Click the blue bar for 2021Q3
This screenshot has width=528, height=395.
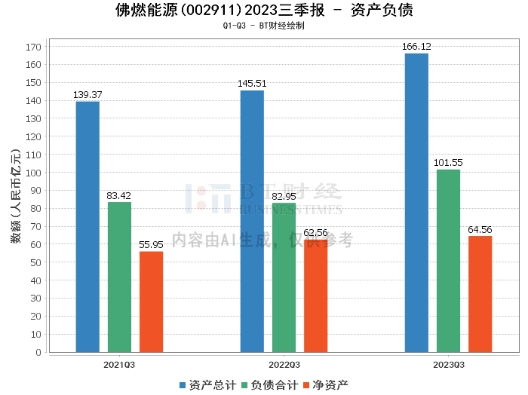(87, 226)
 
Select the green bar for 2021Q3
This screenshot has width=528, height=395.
(119, 277)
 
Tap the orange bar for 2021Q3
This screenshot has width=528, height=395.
(151, 302)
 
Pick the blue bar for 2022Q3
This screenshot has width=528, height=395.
(252, 221)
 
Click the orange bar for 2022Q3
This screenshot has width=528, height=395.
(315, 295)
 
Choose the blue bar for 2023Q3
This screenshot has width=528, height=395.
(416, 202)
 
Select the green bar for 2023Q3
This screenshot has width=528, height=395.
(448, 260)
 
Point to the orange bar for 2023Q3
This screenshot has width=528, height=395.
(480, 294)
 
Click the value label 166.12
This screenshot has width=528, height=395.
(416, 47)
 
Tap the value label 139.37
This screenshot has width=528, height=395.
(87, 95)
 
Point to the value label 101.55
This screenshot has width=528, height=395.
(448, 163)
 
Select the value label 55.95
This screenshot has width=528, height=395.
(151, 245)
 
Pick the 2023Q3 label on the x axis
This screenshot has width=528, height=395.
(448, 365)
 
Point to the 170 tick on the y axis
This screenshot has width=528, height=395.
(33, 47)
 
